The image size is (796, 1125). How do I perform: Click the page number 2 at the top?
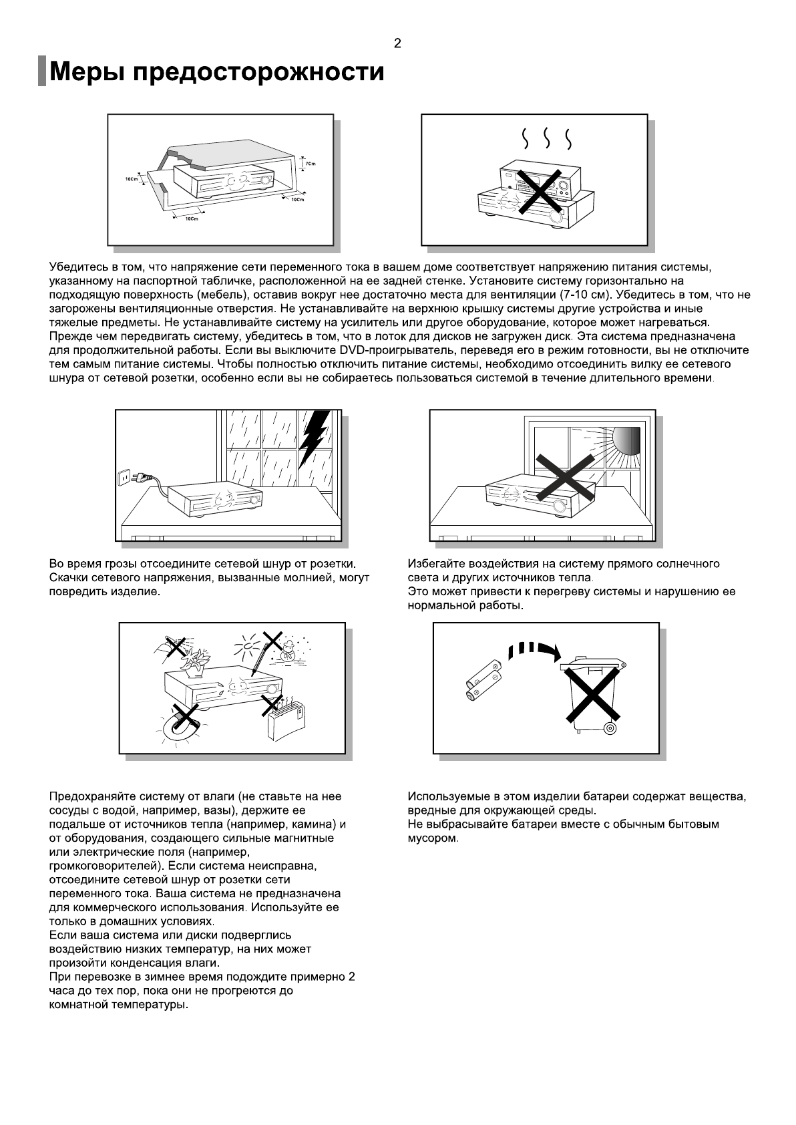pos(397,44)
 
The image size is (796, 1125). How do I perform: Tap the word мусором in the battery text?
pos(432,838)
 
